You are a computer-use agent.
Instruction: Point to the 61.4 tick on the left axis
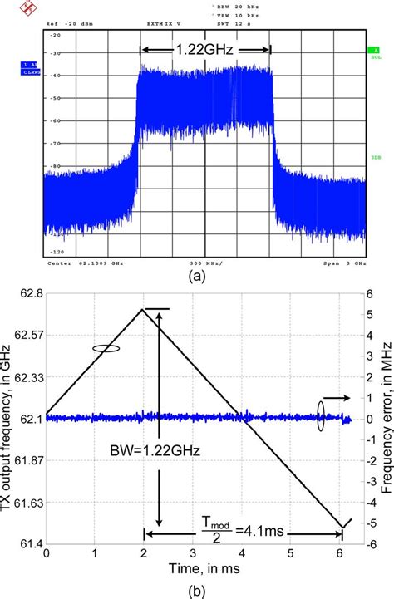(27, 566)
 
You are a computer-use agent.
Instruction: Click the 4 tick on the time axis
(241, 576)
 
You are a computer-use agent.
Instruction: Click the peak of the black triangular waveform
(145, 309)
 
